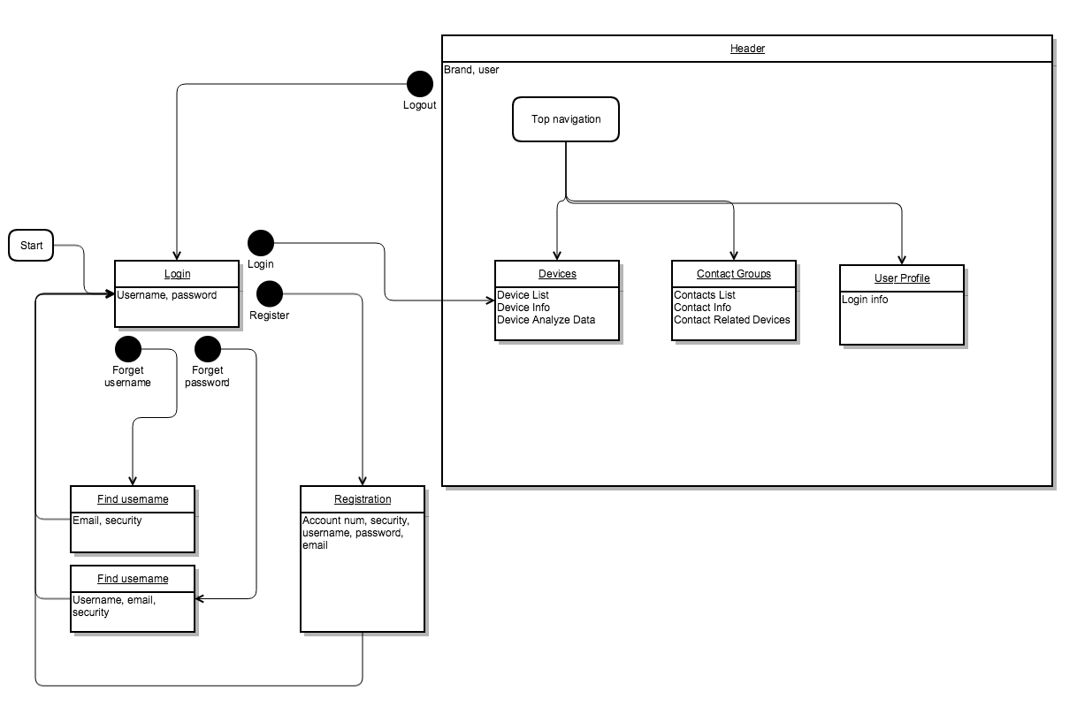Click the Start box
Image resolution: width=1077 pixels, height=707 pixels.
pyautogui.click(x=31, y=246)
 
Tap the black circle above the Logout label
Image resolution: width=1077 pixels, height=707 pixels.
pyautogui.click(x=419, y=84)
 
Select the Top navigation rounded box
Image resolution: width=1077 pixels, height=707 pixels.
pyautogui.click(x=566, y=119)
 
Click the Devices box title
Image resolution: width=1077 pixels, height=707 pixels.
pyautogui.click(x=557, y=274)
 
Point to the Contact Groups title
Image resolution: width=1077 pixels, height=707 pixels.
pyautogui.click(x=733, y=274)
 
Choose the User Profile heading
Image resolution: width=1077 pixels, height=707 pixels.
pyautogui.click(x=901, y=278)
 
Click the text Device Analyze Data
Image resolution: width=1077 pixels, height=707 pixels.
pyautogui.click(x=546, y=320)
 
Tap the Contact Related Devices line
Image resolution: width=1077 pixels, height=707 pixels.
pyautogui.click(x=731, y=320)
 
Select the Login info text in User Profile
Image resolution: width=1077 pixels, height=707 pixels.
pyautogui.click(x=865, y=300)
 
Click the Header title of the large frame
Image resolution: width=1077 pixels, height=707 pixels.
pyautogui.click(x=747, y=49)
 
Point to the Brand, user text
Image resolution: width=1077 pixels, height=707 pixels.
pyautogui.click(x=471, y=70)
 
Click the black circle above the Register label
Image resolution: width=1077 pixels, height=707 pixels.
pyautogui.click(x=269, y=294)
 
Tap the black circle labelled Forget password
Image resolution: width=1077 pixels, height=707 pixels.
pyautogui.click(x=207, y=349)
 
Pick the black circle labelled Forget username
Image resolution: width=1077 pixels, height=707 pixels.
pyautogui.click(x=128, y=349)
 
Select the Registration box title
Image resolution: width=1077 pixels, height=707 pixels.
pyautogui.click(x=363, y=499)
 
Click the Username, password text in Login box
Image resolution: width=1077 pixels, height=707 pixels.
pyautogui.click(x=166, y=295)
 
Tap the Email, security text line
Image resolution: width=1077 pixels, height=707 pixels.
pyautogui.click(x=107, y=521)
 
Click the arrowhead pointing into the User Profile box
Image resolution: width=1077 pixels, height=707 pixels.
pyautogui.click(x=901, y=260)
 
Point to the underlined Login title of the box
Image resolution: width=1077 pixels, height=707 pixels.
pyautogui.click(x=177, y=274)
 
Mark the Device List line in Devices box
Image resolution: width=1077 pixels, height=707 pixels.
pyautogui.click(x=523, y=295)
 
